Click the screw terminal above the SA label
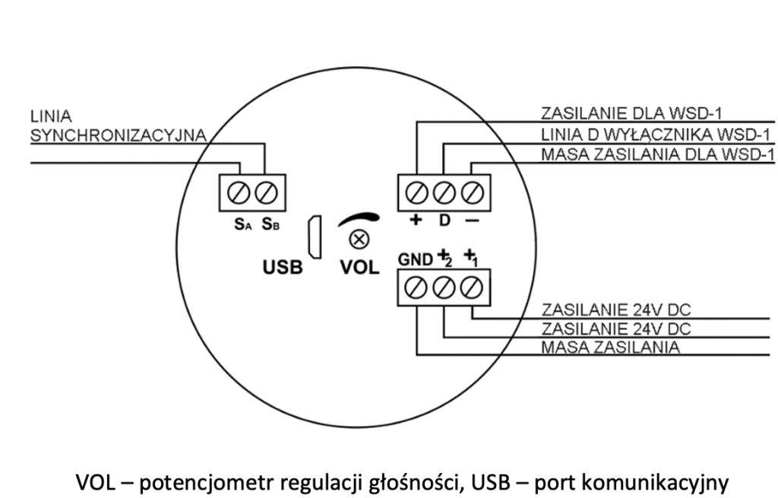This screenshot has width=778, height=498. pos(238,192)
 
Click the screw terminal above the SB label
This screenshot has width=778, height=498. pos(266,192)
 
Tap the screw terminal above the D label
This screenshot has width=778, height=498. pos(444,192)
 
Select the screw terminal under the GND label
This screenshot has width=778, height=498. pos(416,288)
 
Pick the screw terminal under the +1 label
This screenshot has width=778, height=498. pos(471,288)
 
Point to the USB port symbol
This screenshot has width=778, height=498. pos(315,237)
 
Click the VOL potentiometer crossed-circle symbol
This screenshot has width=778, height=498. pos(359,239)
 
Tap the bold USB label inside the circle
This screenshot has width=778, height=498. pos(283,267)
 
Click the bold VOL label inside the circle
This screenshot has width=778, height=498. pos(359,267)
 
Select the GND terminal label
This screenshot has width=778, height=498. pos(416,259)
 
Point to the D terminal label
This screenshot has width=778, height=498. pos(444,220)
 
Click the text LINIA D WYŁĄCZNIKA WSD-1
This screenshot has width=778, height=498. pos(656,135)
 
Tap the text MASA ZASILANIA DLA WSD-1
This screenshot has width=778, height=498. pos(657,154)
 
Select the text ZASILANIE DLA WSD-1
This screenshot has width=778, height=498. pos(631,113)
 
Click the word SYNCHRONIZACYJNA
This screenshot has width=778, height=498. pos(118,135)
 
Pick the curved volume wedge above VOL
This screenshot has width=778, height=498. pos(359,218)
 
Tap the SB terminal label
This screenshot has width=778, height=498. pos(270,224)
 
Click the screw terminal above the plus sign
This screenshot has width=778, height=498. pos(416,192)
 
